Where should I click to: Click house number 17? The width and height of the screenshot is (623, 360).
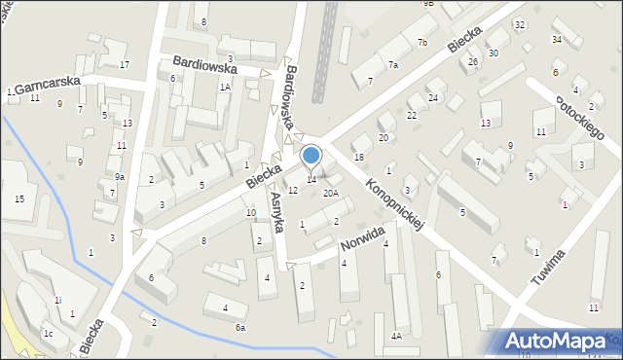click(x=125, y=64)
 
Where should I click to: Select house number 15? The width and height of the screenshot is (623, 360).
click(x=19, y=198)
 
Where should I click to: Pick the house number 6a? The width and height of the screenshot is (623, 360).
click(x=240, y=328)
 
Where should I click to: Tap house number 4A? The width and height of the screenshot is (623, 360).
click(x=396, y=336)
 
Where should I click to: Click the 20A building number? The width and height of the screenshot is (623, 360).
click(x=331, y=194)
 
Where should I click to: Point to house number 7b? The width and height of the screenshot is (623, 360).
click(x=421, y=43)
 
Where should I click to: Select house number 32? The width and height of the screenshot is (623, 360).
click(x=519, y=24)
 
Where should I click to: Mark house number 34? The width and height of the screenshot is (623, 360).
click(x=556, y=39)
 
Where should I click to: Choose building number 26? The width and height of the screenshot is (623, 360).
click(x=472, y=62)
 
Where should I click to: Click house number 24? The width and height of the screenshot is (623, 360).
click(x=433, y=98)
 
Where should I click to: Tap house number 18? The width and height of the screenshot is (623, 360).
click(x=358, y=158)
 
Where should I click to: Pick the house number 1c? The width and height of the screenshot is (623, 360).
click(x=47, y=333)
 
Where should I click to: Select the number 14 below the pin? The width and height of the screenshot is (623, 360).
click(x=311, y=179)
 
